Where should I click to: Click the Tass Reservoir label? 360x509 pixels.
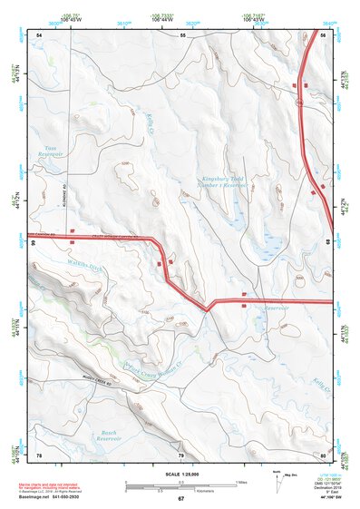click(x=49, y=152)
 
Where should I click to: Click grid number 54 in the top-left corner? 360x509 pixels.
click(x=40, y=34)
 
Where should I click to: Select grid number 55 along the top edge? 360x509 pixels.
click(x=182, y=34)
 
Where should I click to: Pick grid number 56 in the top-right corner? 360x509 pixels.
click(x=324, y=34)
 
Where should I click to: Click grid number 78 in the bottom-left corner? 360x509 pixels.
click(x=40, y=454)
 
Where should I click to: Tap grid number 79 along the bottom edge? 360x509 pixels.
click(x=180, y=454)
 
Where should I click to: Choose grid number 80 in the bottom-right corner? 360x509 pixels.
click(x=324, y=454)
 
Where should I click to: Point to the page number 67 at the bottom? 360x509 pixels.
click(x=180, y=499)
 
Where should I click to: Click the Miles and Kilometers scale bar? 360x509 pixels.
click(x=181, y=485)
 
